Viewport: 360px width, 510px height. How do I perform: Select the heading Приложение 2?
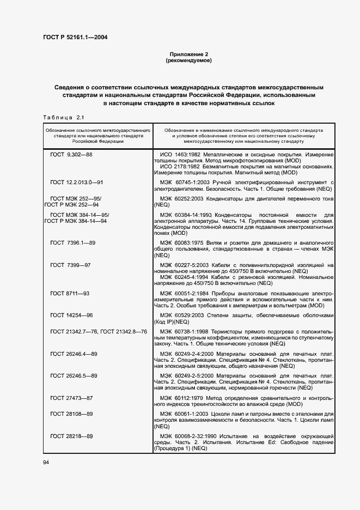point(188,54)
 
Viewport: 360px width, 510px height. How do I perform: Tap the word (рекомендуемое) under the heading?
point(188,60)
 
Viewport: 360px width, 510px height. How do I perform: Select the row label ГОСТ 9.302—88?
point(71,155)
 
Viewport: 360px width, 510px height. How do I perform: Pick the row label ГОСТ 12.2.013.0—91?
point(77,181)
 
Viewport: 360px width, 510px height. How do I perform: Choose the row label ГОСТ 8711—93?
point(70,293)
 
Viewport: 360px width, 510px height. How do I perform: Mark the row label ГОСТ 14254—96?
point(71,315)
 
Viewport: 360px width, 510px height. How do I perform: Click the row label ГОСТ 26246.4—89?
point(74,354)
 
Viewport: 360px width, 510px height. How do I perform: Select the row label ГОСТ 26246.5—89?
point(74,376)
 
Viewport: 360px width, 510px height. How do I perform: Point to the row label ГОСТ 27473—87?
point(71,398)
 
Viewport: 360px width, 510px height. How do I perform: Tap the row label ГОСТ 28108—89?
point(71,414)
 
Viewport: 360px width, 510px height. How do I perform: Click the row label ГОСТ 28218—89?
point(71,436)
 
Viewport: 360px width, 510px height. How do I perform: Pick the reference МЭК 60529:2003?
point(187,315)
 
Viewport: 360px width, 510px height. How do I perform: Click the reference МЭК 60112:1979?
point(187,398)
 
